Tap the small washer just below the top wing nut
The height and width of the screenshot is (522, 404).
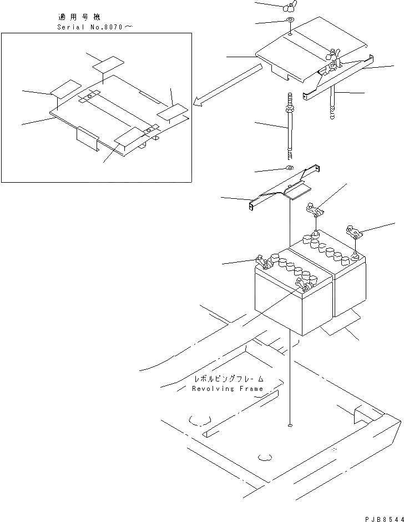(x=290, y=21)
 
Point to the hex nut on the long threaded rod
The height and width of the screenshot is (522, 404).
(x=289, y=111)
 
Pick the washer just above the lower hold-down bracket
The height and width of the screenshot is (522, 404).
(x=290, y=168)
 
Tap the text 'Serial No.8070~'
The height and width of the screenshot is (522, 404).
(x=95, y=27)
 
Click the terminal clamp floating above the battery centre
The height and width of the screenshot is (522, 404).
(x=314, y=209)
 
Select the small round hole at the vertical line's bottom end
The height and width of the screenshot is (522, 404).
(x=290, y=425)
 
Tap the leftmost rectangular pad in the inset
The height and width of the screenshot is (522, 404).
(x=65, y=88)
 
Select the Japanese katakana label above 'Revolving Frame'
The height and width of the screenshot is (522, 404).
(x=228, y=379)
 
